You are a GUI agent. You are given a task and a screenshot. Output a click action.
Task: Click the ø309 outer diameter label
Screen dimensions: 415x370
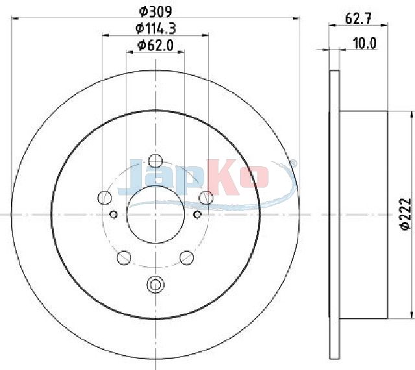[156, 11]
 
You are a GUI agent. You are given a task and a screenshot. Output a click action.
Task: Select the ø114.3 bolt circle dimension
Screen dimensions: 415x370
[156, 29]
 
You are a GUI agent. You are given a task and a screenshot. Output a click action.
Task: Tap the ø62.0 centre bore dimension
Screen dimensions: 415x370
[156, 45]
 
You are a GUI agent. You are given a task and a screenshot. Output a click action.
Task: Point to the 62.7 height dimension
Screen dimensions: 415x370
[359, 19]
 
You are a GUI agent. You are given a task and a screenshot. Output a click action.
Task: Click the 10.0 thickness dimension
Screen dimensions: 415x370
[364, 43]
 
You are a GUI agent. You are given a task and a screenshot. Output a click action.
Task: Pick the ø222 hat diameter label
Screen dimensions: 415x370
[407, 214]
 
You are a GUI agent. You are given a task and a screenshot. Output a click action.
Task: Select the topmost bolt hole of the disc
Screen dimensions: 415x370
[156, 161]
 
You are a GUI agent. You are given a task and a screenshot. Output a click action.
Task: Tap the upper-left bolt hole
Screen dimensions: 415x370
[105, 197]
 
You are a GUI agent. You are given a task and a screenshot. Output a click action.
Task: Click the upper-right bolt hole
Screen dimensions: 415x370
[206, 197]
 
